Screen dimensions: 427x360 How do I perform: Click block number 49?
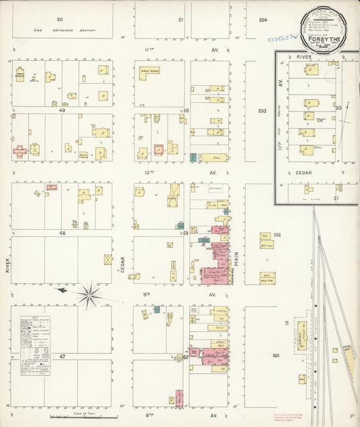click(x=61, y=110)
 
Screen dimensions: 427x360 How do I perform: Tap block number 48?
click(x=61, y=232)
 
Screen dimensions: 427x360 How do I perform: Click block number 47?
click(x=61, y=355)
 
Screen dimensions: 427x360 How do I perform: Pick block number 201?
click(x=276, y=355)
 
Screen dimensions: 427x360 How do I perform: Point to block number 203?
click(x=262, y=111)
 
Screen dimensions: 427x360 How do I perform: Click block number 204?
click(x=263, y=20)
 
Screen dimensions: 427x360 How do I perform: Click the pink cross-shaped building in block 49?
click(x=20, y=151)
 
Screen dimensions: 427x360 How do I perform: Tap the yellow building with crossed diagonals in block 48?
click(x=107, y=259)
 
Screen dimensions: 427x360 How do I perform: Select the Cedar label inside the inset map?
click(x=303, y=172)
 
